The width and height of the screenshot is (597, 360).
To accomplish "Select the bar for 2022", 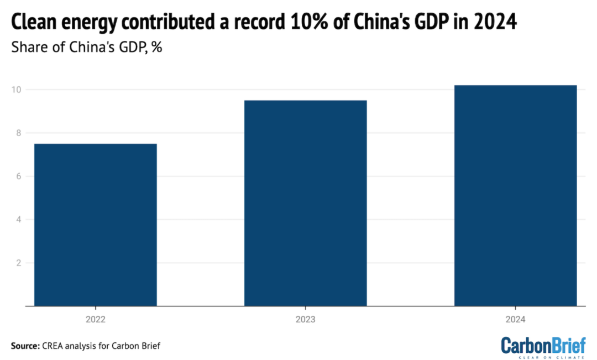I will (x=96, y=225).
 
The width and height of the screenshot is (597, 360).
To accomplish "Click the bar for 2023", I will (x=306, y=203).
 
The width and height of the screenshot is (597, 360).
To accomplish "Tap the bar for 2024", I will (x=515, y=195).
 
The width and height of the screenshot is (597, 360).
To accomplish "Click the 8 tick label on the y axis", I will (x=18, y=133).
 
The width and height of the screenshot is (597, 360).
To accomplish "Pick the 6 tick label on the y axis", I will (x=18, y=176).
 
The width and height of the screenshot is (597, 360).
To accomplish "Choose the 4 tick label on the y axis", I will (x=18, y=220).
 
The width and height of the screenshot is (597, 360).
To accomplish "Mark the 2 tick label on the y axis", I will (x=18, y=263).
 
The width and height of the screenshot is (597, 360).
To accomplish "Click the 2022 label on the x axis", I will (x=96, y=320).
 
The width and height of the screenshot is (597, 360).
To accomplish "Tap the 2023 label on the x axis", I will (x=306, y=320).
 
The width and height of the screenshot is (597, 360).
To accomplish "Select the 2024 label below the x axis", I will (x=515, y=320).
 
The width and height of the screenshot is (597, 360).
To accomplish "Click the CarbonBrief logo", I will (x=543, y=347).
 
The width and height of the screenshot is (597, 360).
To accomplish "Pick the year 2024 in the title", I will (x=499, y=23).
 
